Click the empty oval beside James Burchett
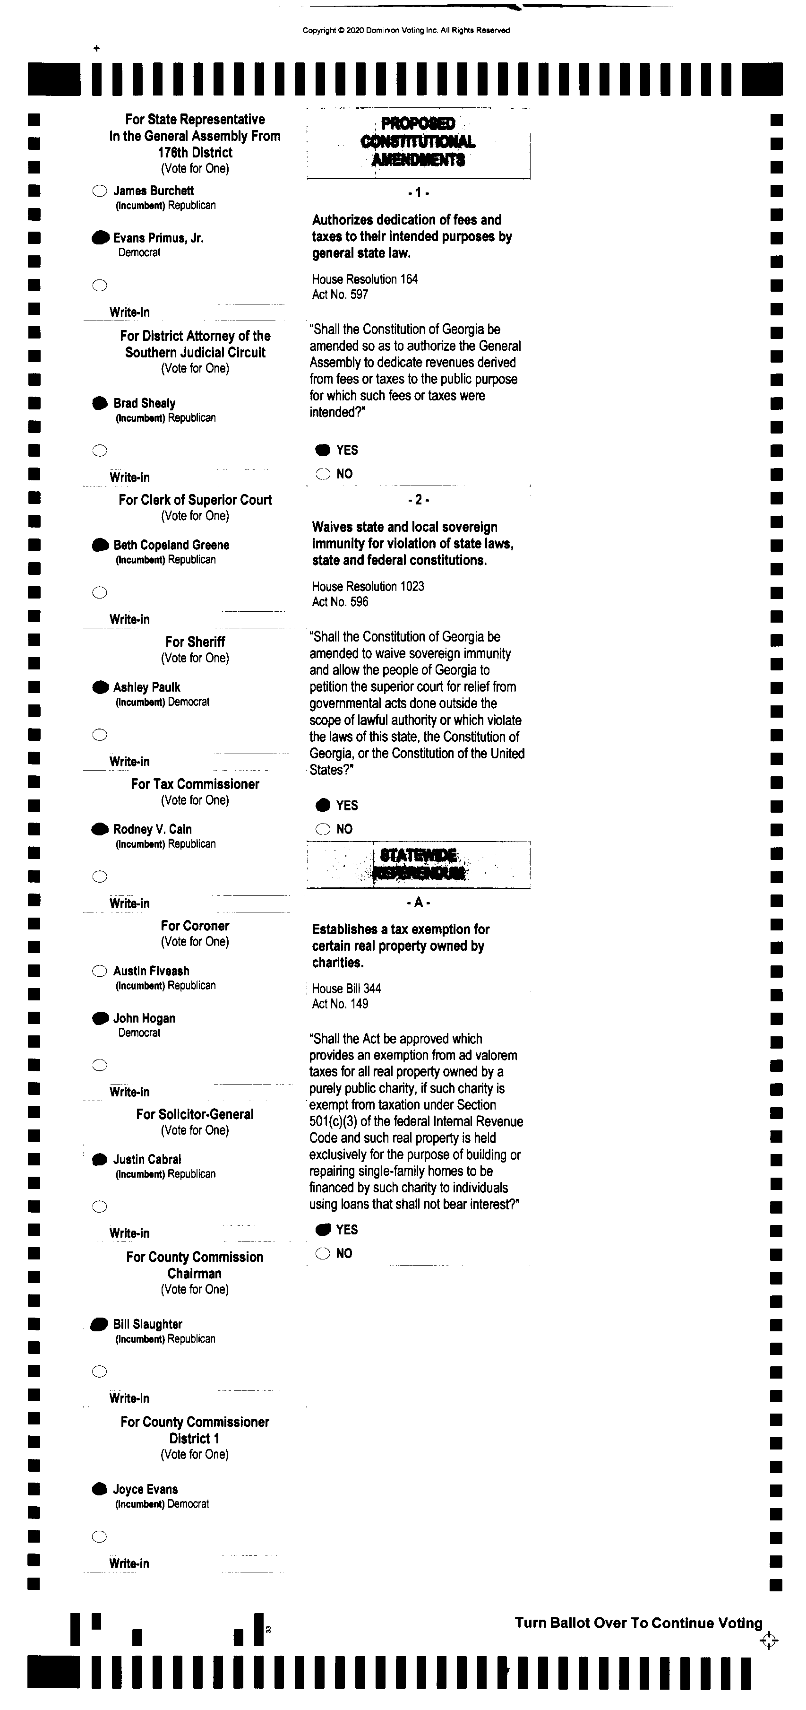point(100,191)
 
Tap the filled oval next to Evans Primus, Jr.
point(100,238)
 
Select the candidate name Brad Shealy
point(144,403)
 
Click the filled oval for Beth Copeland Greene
point(100,545)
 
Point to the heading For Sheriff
point(195,642)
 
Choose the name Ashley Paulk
point(146,687)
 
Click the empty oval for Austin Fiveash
point(100,971)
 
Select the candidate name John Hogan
point(144,1018)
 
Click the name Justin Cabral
point(146,1160)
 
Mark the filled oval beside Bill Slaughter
point(100,1324)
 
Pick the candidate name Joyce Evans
point(146,1489)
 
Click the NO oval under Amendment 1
point(323,474)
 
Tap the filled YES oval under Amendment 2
point(323,805)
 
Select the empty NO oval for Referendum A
point(323,1253)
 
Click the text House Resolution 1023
point(368,586)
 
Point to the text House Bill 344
point(346,989)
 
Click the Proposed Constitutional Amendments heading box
point(418,141)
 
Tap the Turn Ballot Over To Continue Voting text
point(638,1623)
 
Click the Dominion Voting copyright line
point(406,30)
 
